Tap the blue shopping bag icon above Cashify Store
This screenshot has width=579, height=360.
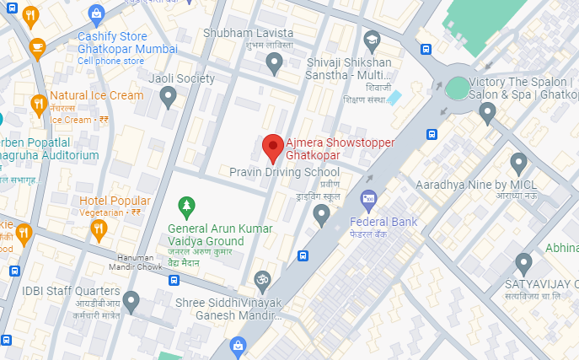[x=96, y=13]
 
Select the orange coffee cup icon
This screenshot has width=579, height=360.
[x=37, y=47]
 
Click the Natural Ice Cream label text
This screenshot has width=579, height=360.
[x=96, y=95]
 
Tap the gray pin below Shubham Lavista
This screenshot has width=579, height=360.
[x=273, y=62]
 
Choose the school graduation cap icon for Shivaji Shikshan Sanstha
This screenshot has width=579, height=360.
[x=372, y=40]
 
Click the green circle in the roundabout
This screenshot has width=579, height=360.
[x=456, y=87]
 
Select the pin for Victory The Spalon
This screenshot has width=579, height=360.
[x=487, y=113]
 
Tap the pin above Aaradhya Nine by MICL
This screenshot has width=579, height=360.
[x=518, y=163]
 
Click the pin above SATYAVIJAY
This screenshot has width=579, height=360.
[x=524, y=263]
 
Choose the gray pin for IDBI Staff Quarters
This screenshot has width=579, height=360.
[x=131, y=300]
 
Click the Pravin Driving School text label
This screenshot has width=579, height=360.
[x=285, y=172]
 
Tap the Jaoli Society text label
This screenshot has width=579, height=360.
[x=181, y=78]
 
